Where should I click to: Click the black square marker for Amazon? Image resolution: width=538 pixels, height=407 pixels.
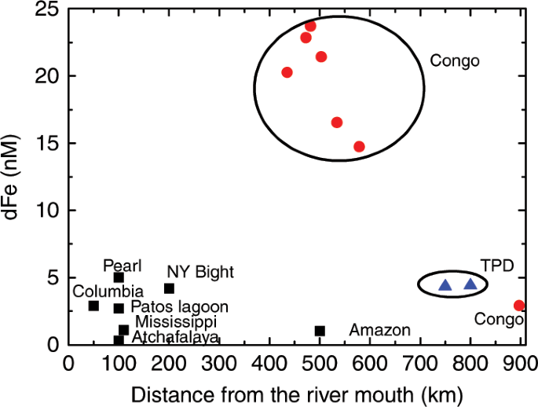[x=320, y=331]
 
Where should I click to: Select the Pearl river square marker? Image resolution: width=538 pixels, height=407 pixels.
[x=119, y=277]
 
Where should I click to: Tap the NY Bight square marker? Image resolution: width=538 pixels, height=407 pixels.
[x=169, y=288]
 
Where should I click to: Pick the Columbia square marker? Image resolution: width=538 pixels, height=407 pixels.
[x=93, y=306]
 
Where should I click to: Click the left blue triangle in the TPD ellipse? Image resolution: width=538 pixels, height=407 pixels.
[x=445, y=285]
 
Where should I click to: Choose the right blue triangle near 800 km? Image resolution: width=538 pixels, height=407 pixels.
[x=470, y=284]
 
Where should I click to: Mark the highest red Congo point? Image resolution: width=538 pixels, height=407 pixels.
[x=310, y=26]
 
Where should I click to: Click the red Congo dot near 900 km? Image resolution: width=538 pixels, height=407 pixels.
[x=519, y=305]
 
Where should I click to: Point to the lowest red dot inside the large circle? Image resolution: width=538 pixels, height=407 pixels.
[x=359, y=146]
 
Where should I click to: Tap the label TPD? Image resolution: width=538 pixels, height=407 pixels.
[x=497, y=266]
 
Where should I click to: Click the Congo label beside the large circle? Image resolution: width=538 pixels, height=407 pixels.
[x=454, y=60]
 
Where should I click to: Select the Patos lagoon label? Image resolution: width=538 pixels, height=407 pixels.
[x=179, y=306]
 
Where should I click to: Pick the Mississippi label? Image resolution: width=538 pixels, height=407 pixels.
[x=176, y=322]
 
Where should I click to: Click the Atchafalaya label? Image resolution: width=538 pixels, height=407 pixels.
[x=175, y=338]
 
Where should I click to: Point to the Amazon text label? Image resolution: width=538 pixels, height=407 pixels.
[x=379, y=330]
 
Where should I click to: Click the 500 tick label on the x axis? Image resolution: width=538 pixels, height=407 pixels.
[x=320, y=364]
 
